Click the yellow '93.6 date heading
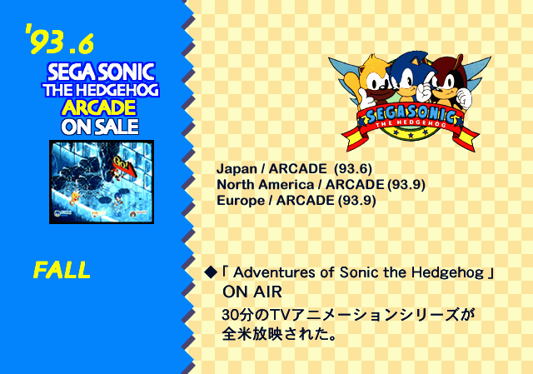59,39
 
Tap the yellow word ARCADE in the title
99,107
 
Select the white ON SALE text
100,127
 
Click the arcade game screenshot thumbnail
102,182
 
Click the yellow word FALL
62,270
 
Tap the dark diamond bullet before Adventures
211,272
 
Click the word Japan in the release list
237,169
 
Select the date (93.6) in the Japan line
353,169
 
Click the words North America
265,185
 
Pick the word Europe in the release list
241,201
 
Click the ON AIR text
252,292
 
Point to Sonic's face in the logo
406,80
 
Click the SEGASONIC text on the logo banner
411,115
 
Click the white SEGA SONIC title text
101,72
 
